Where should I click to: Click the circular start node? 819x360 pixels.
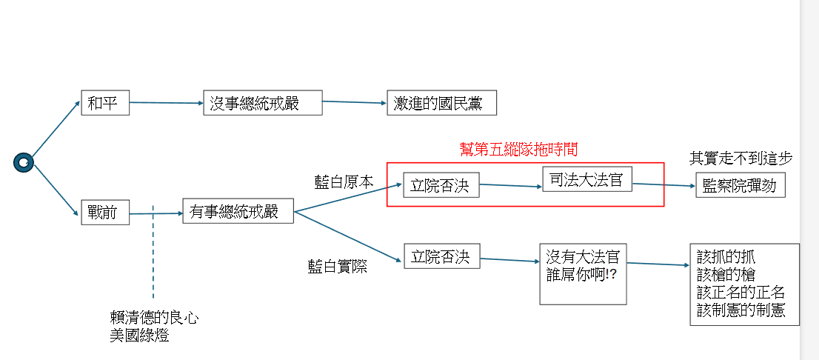[x=24, y=162]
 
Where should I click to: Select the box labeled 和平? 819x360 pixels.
[x=105, y=103]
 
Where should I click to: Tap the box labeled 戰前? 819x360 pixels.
[x=104, y=213]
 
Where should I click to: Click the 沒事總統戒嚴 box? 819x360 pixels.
[x=263, y=103]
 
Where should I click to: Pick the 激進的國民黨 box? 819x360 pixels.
[x=441, y=103]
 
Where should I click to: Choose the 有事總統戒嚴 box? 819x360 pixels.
[x=238, y=211]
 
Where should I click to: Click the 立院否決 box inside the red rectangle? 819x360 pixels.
[x=441, y=185]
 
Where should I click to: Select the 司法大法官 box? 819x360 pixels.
[x=586, y=180]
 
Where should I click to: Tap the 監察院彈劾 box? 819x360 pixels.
[x=740, y=185]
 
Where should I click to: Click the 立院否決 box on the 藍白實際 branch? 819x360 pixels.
[x=441, y=256]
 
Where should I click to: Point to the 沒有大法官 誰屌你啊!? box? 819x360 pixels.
[x=583, y=273]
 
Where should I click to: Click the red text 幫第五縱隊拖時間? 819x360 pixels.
[x=518, y=149]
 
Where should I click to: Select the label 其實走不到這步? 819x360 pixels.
[x=741, y=158]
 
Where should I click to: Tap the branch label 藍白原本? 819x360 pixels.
[x=344, y=181]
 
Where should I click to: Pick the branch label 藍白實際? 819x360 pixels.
[x=338, y=267]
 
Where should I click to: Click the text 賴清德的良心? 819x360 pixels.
[x=154, y=318]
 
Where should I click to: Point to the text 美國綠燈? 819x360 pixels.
[x=139, y=335]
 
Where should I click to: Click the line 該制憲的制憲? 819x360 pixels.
[x=741, y=311]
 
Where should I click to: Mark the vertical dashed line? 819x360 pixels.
[x=153, y=252]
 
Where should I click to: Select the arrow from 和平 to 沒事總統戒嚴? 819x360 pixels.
[x=167, y=102]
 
